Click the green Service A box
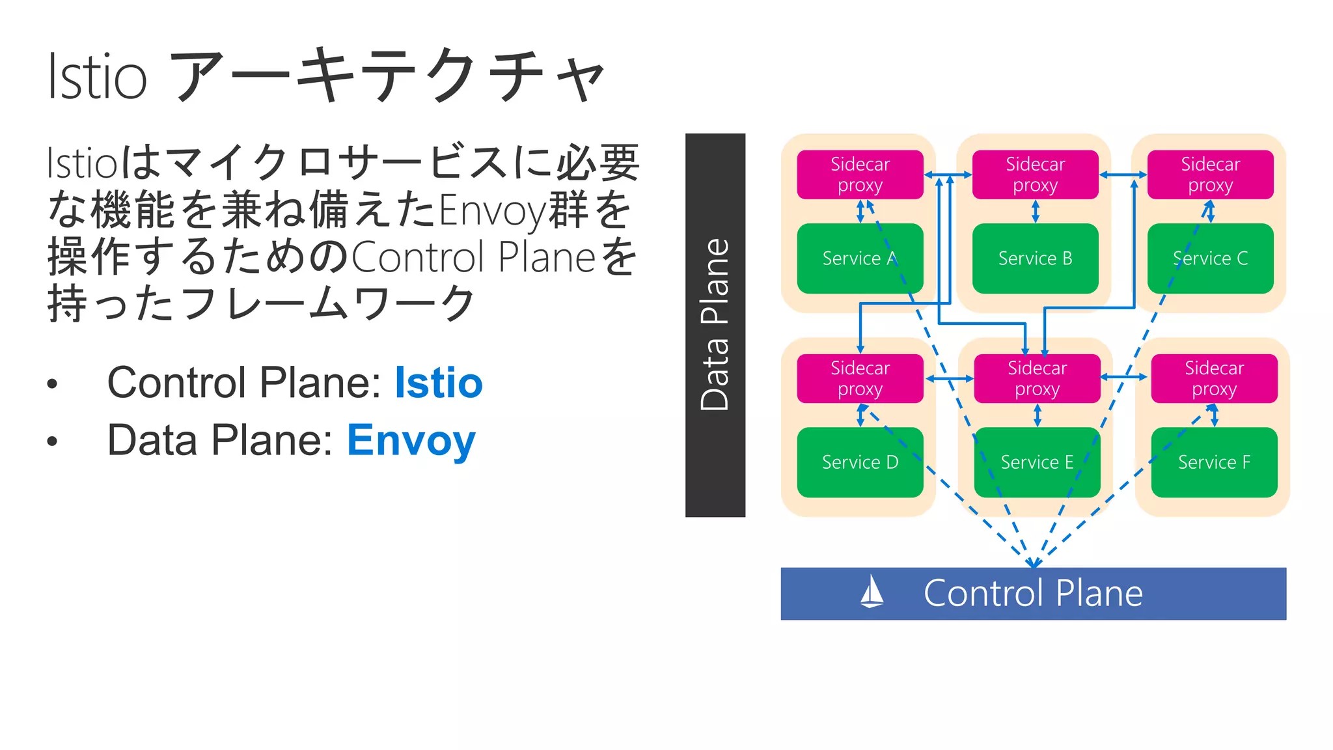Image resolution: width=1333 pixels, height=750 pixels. point(860,258)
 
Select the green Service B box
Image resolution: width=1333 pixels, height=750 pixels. point(1035,258)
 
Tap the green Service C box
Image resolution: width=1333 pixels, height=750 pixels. point(1210,258)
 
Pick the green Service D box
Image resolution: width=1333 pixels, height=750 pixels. point(860,462)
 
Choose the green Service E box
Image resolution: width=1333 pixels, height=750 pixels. point(1037,462)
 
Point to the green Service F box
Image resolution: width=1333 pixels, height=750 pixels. point(1214,462)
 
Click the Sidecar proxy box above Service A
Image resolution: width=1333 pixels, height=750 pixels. point(860,174)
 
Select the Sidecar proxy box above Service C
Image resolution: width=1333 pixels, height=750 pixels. point(1210,174)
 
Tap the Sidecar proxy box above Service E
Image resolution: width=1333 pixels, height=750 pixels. point(1037,378)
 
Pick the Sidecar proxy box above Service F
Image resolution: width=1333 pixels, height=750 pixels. point(1214,378)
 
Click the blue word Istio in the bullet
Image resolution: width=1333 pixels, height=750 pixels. point(439,383)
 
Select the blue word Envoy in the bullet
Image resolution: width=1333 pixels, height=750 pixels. point(411,441)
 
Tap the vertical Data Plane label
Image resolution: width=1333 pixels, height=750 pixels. point(715,325)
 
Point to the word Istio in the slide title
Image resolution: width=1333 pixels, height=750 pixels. point(98,77)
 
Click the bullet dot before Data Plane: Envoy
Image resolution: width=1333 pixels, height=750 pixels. point(52,441)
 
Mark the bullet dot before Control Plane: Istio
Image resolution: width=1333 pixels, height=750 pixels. point(52,383)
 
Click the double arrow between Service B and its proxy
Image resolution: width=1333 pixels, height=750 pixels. point(1035,211)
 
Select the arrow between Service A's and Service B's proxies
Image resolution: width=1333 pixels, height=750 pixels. point(948,174)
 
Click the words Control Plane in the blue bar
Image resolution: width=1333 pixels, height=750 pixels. point(1033,593)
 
